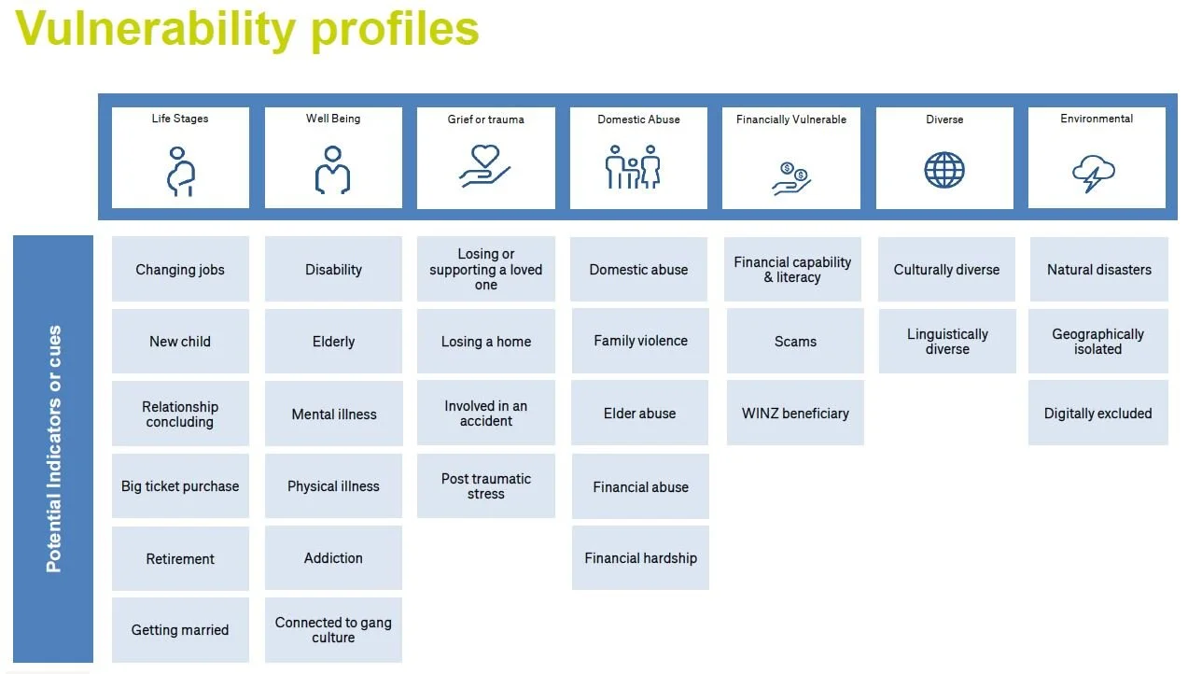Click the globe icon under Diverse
944,171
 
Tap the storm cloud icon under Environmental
1094,173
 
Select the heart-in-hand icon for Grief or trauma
485,166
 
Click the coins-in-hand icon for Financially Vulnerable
791,177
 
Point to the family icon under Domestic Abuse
633,168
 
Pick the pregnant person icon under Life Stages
180,172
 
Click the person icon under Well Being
332,170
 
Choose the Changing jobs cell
180,270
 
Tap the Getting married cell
180,630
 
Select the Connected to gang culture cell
333,630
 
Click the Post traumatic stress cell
485,486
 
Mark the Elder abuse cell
639,414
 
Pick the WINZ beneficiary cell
795,414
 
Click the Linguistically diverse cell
946,342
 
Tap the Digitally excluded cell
1097,414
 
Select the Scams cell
795,342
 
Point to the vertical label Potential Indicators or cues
54,449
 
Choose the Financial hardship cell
640,558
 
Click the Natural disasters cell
1098,270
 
